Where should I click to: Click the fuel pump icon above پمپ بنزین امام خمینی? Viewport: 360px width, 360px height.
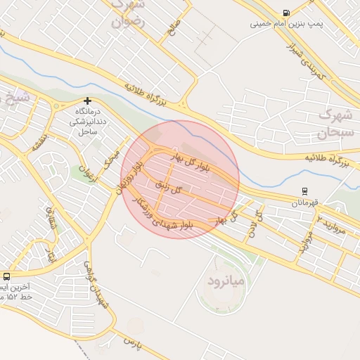(x=286, y=13)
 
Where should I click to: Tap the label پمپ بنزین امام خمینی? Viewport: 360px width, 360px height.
(x=287, y=24)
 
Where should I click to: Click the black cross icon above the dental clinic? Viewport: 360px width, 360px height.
(x=87, y=101)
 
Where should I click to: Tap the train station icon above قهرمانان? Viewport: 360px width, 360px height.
(x=304, y=191)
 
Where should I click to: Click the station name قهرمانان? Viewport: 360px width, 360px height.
(x=305, y=202)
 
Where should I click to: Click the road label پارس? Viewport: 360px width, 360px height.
(x=134, y=342)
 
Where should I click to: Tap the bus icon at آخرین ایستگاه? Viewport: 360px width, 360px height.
(x=6, y=277)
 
